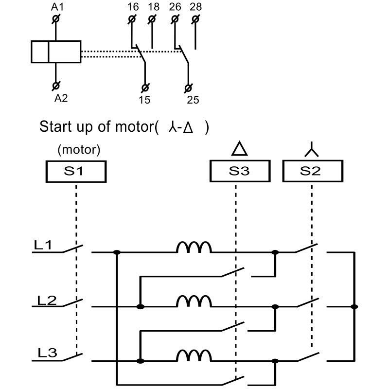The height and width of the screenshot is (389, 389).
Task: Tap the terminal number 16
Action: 132,7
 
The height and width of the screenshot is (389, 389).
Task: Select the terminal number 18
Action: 153,7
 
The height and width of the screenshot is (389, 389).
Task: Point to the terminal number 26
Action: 175,7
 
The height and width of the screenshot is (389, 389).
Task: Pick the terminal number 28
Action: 196,7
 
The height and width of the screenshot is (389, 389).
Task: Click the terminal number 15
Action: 144,100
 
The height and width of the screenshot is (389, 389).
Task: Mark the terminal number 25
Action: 193,100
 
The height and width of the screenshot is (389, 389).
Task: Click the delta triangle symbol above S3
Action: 239,149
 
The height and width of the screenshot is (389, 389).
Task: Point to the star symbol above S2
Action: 311,150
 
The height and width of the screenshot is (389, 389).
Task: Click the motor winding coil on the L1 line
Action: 194,248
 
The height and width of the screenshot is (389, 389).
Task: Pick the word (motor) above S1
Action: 79,150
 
